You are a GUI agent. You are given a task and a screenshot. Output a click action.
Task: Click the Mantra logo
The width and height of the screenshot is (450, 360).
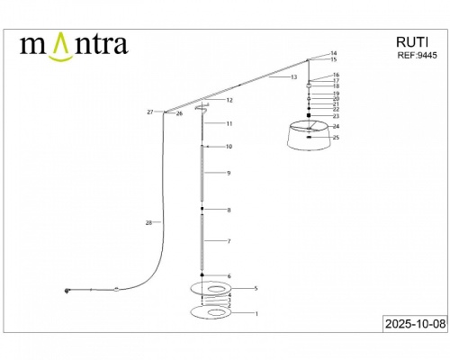pos(74,43)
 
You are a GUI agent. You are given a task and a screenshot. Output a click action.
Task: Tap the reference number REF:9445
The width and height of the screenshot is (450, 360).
pos(416,55)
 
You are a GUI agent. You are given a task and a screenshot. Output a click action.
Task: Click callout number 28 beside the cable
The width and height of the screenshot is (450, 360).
pos(148,221)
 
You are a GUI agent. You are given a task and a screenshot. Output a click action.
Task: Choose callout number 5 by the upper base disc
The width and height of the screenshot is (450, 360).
pos(256,288)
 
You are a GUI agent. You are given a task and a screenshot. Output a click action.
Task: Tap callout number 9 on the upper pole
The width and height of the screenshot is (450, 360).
pos(229,172)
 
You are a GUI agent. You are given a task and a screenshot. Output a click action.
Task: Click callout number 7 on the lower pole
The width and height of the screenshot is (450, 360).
pos(229,241)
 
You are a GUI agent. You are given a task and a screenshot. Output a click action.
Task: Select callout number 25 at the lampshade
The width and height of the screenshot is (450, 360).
pos(337,138)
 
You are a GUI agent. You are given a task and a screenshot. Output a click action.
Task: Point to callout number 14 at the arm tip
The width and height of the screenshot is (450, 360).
pos(334,53)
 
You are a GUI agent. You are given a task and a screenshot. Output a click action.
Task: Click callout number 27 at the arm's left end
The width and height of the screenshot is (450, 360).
pos(149,112)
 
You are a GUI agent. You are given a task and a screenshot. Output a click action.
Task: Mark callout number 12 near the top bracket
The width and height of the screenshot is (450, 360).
pos(229,100)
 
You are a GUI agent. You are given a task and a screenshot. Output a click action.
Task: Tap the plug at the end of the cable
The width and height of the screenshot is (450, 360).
pos(67,290)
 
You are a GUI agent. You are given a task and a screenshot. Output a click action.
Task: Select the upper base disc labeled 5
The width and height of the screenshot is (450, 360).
pos(210,288)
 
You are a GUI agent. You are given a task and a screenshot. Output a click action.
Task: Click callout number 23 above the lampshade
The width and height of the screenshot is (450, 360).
pos(336,116)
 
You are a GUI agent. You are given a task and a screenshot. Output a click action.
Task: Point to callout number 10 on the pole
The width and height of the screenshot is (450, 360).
pos(229,146)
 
